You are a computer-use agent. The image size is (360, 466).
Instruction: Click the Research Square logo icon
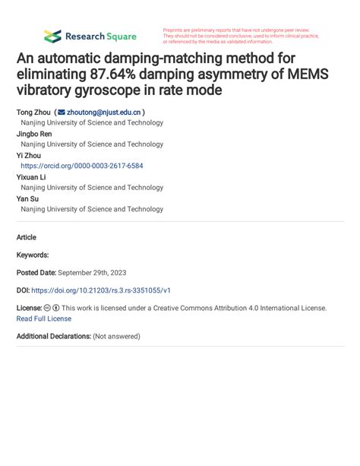52,36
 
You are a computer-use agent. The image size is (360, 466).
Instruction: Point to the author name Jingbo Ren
35,133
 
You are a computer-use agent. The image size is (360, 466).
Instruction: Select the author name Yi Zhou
30,154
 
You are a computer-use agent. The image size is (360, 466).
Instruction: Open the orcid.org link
82,165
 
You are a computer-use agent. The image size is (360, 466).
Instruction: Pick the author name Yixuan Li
32,176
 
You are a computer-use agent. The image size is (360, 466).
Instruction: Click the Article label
27,237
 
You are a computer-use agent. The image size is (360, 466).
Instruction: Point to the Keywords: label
33,255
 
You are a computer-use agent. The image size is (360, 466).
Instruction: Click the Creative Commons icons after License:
52,308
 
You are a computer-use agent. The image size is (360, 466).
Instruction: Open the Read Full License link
44,319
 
